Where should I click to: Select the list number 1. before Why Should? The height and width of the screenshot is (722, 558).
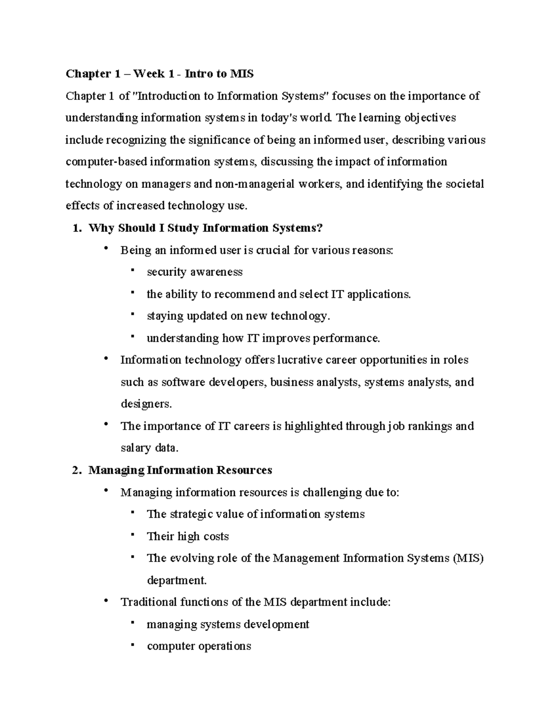click(x=78, y=228)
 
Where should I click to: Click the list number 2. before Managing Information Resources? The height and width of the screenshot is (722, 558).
click(x=78, y=470)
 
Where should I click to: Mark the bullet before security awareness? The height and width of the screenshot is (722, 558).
click(x=133, y=270)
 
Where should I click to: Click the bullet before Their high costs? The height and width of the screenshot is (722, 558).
click(x=133, y=535)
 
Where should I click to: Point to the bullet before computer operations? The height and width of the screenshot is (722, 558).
click(x=133, y=644)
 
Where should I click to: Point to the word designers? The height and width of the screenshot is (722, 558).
click(x=146, y=404)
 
